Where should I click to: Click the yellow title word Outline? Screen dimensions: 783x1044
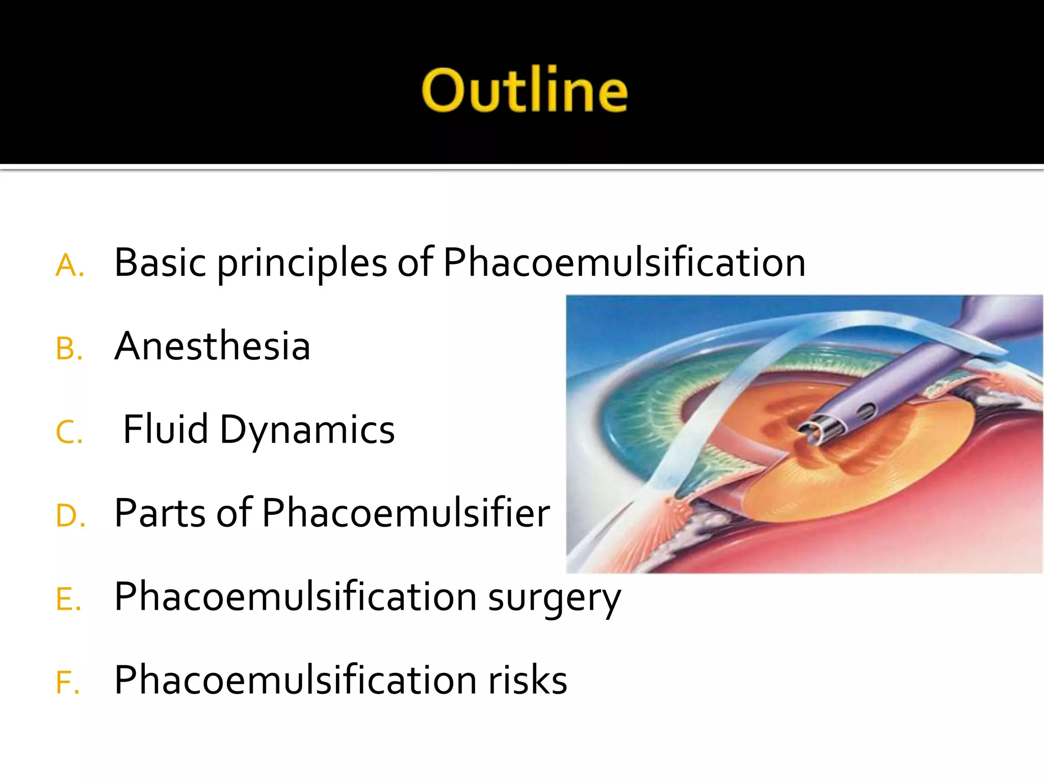coord(524,90)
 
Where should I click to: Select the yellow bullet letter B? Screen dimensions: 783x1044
coord(67,350)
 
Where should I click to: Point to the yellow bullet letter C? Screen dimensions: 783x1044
coord(67,433)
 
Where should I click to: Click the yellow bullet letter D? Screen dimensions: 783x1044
coord(68,516)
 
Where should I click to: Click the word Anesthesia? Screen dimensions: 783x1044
coord(212,346)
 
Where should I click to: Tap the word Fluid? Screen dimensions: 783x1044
coord(166,429)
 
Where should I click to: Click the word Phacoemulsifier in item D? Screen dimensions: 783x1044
coord(406,513)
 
